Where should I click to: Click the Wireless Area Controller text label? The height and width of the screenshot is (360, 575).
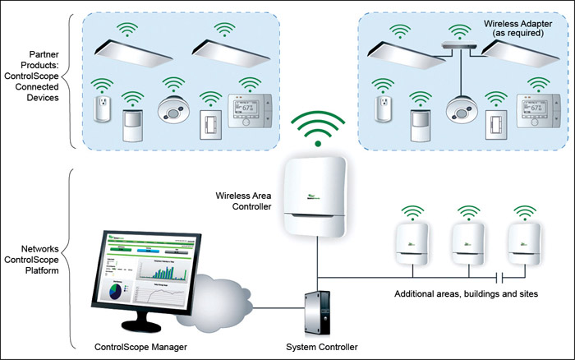click(x=243, y=201)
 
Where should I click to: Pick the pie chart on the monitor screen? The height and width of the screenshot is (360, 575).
click(x=113, y=291)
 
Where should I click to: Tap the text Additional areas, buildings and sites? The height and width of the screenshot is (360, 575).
click(x=466, y=293)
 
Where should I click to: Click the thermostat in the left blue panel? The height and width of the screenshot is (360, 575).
click(x=248, y=112)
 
